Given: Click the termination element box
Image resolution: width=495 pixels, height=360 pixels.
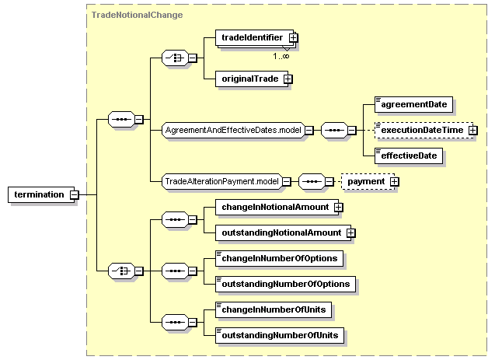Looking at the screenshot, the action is click(41, 194).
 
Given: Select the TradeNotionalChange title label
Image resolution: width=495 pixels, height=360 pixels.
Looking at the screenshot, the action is click(137, 15).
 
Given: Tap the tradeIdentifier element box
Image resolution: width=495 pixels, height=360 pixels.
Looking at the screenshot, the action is click(254, 38).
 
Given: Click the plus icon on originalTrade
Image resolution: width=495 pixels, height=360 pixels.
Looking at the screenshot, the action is click(288, 79).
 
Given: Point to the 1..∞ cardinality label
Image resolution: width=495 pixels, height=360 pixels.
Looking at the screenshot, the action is click(281, 56).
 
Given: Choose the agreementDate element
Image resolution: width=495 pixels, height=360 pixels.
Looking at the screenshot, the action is click(413, 104).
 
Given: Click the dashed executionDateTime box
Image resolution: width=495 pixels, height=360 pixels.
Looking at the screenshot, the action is click(424, 130).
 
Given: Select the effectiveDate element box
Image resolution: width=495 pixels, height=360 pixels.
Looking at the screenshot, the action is click(409, 156).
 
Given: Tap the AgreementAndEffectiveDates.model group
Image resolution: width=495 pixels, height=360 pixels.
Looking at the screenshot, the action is click(233, 130).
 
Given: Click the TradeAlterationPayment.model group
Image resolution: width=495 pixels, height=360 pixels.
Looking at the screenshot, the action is click(222, 182).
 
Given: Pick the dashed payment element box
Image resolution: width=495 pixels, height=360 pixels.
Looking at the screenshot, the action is click(368, 182).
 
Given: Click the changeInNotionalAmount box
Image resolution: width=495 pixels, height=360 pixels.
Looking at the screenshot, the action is click(277, 207).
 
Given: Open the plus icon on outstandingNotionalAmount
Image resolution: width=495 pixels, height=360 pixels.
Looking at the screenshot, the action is click(351, 233).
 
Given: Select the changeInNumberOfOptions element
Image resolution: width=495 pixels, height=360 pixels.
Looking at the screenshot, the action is click(280, 259).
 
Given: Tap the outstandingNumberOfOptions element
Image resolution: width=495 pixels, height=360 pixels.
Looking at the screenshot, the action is click(285, 285).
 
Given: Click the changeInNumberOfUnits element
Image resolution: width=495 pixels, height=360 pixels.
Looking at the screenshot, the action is click(274, 309).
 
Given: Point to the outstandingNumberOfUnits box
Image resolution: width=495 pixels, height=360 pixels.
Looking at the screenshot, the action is click(280, 335).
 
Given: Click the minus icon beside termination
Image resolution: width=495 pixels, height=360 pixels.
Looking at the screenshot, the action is click(74, 195).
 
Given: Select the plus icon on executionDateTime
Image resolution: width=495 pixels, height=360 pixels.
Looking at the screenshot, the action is click(473, 130).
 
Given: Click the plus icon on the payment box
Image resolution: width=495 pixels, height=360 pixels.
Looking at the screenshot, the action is click(394, 182).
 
